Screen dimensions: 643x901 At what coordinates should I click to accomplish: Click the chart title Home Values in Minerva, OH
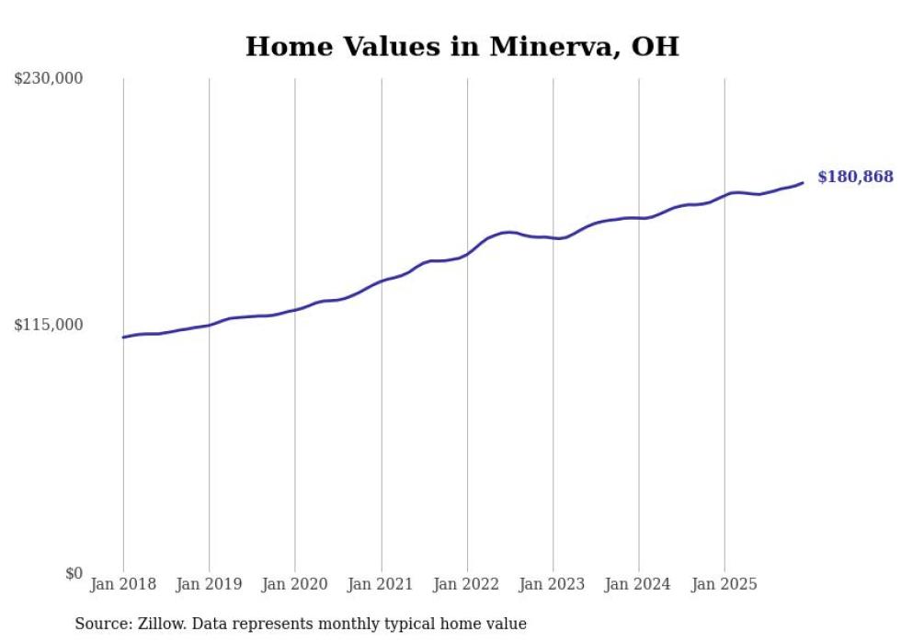pos(462,47)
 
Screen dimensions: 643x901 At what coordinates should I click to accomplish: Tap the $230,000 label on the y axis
pos(48,79)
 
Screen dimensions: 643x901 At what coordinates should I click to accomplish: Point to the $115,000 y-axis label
pos(48,325)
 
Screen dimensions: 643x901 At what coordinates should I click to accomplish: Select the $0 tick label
pos(74,573)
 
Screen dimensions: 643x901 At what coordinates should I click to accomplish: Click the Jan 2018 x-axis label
pos(123,584)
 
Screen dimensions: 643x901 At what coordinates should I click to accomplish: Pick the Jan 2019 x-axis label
pos(209,584)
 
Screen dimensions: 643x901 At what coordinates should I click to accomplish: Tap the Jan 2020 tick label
pos(295,584)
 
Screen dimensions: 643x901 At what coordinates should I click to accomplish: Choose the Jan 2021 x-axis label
pos(381,584)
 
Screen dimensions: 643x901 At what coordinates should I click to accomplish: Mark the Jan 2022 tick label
pos(467,584)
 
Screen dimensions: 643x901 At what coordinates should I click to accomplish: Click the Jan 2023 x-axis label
pos(553,584)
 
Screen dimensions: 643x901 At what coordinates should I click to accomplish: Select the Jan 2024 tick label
pos(639,584)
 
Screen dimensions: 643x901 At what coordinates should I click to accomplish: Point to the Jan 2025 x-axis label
pos(724,584)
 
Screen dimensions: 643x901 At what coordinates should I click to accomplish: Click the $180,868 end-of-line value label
pos(855,177)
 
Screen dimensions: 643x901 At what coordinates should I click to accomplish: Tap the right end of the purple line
pos(803,183)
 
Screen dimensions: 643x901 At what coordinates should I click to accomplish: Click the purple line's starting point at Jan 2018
pos(123,338)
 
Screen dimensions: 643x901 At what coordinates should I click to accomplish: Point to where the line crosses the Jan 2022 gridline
pos(467,253)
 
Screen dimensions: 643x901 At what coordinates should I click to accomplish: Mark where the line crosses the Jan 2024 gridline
pos(639,218)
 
